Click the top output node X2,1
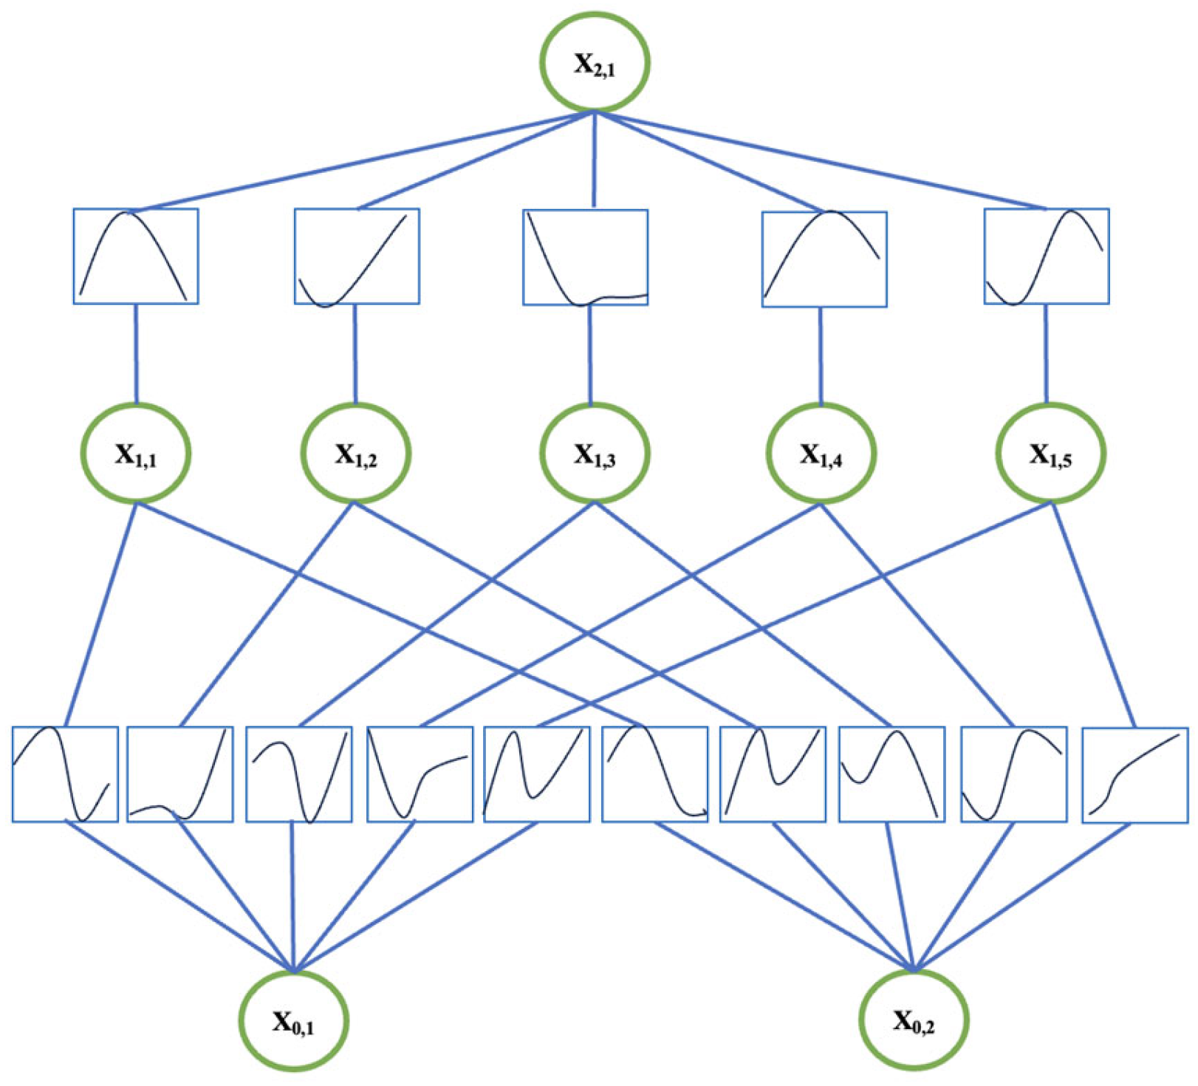point(595,63)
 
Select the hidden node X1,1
point(135,453)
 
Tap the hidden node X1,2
point(355,453)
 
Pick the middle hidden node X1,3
point(595,453)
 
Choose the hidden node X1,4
point(821,453)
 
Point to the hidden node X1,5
point(1050,453)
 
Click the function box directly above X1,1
point(136,256)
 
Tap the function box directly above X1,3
point(585,257)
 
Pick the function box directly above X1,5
point(1046,256)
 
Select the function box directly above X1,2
point(357,256)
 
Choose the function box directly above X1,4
point(824,259)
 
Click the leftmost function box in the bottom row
point(65,774)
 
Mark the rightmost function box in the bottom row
point(1134,774)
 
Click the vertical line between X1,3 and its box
point(589,355)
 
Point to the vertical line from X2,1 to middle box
point(595,159)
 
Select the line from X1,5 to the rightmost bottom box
point(1093,613)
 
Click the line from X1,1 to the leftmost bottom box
point(101,613)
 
